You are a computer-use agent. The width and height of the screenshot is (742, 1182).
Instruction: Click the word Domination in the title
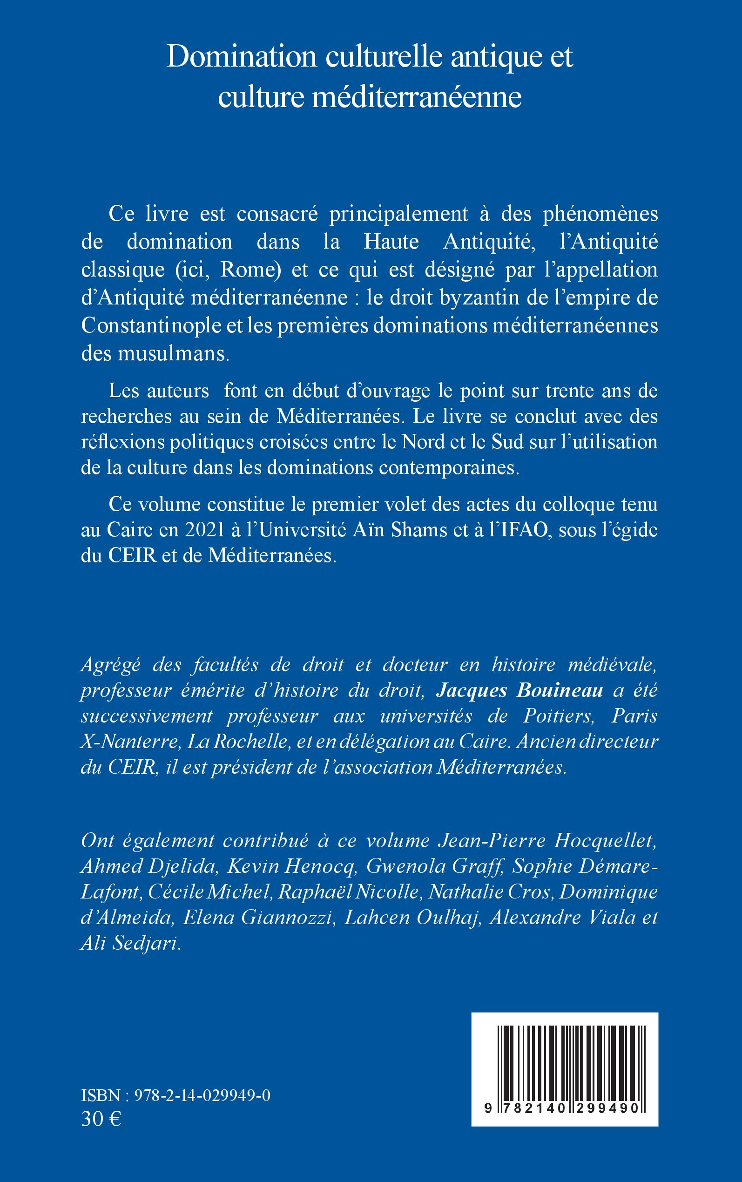242,58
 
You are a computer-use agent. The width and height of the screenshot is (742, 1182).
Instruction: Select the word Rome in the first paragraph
251,270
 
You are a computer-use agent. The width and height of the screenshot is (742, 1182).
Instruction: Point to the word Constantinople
151,326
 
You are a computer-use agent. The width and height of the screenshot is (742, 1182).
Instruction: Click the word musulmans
173,354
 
